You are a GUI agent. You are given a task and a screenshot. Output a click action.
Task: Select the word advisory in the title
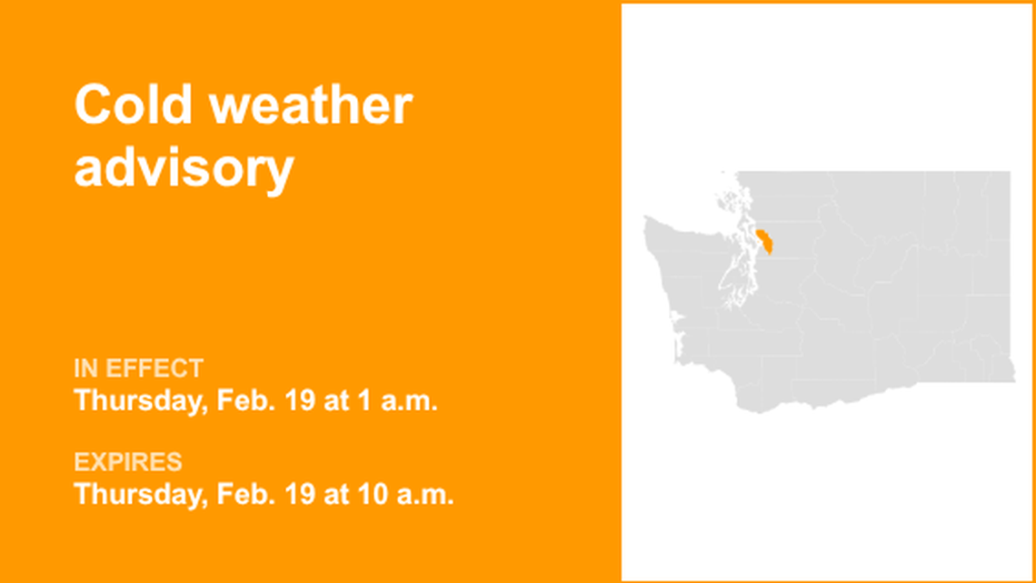[x=184, y=168]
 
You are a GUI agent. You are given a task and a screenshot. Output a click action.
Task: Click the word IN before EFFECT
[x=86, y=368]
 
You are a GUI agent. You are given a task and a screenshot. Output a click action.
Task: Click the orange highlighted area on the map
[x=765, y=243]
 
